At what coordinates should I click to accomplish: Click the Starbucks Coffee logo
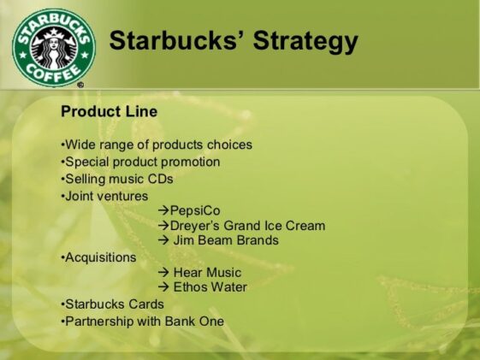53,46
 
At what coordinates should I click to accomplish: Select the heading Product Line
109,111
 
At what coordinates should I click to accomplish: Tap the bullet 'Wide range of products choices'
157,145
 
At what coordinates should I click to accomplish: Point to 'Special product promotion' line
140,162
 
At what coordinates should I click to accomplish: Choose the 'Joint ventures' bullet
104,196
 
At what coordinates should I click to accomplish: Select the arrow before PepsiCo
163,210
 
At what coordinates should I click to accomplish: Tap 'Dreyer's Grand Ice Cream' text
247,226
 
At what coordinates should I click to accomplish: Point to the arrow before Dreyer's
163,226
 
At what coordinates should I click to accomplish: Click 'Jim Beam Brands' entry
225,240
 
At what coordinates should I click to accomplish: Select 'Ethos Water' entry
210,287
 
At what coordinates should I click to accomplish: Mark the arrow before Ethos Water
163,287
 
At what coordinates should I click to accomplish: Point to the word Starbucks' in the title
170,41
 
